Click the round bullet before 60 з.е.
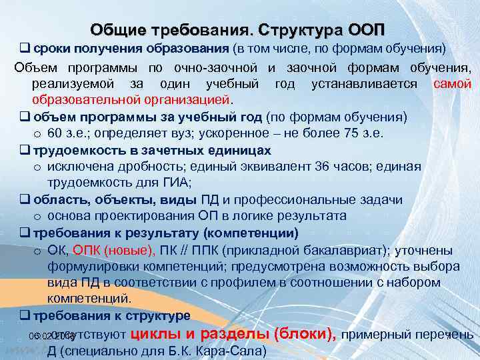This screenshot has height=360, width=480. coord(39,133)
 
